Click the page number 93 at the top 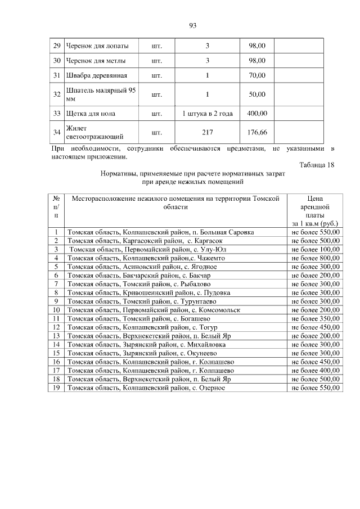click(x=192, y=25)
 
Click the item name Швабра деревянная click(x=96, y=75)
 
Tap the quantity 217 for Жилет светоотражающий click(x=208, y=133)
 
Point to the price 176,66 click(x=257, y=133)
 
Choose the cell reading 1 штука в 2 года click(x=207, y=113)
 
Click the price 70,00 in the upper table click(x=257, y=75)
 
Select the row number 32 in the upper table click(x=56, y=94)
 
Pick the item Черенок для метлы click(x=96, y=60)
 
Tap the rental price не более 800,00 click(x=316, y=258)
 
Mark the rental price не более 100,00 click(x=316, y=249)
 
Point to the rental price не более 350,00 click(x=316, y=318)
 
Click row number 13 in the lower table click(x=56, y=336)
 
